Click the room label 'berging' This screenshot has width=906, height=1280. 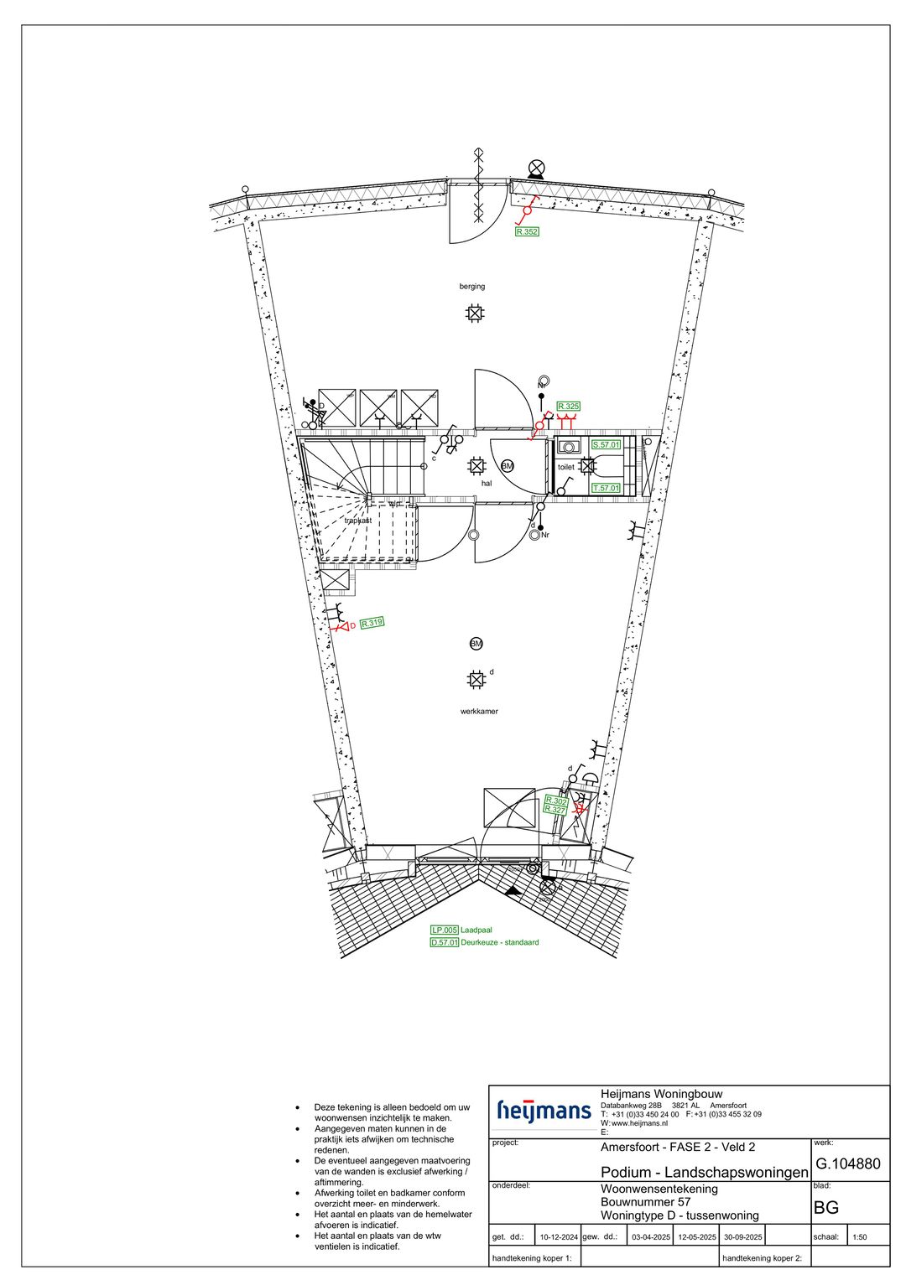click(472, 287)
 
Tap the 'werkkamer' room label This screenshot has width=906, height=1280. click(479, 712)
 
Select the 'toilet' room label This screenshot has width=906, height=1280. click(565, 467)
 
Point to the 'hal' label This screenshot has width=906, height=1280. click(486, 484)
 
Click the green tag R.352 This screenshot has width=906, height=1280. click(527, 232)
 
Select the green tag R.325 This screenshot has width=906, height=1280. click(569, 407)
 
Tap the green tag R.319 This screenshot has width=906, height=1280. click(372, 623)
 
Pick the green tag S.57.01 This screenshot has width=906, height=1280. click(606, 445)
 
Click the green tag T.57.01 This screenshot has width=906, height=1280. click(606, 488)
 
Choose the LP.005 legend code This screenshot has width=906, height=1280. click(444, 930)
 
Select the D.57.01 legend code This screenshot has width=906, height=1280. click(444, 942)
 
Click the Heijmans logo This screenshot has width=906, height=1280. click(544, 1111)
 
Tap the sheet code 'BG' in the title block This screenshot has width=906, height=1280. click(826, 1208)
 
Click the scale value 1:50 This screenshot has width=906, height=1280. click(860, 1236)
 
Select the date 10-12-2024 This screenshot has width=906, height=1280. click(559, 1236)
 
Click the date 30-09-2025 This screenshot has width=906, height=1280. click(742, 1236)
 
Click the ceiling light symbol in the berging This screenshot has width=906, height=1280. click(475, 314)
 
